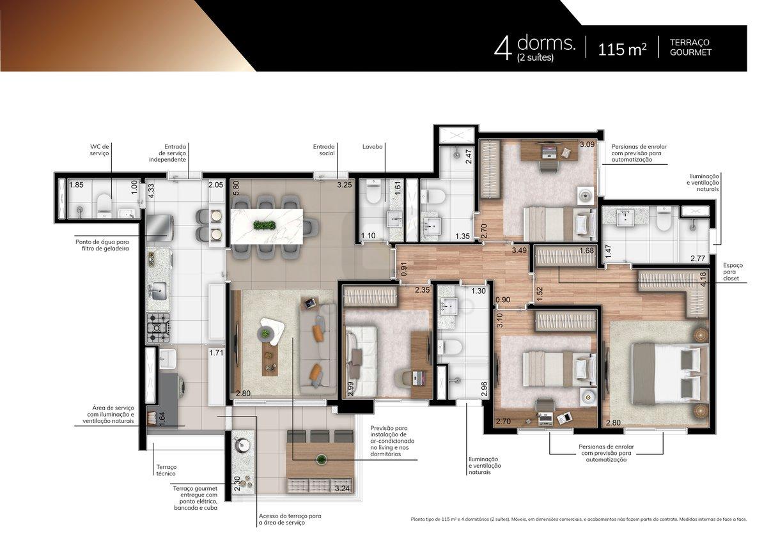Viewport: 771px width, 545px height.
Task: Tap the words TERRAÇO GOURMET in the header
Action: pyautogui.click(x=690, y=47)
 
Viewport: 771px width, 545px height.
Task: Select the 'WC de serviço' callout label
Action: pyautogui.click(x=100, y=150)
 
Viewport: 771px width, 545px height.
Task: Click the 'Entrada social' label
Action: pyautogui.click(x=324, y=150)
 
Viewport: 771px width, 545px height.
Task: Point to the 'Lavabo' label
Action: pyautogui.click(x=373, y=146)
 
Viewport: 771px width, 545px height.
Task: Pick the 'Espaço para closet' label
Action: pyautogui.click(x=733, y=272)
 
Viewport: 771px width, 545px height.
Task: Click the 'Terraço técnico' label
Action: pyautogui.click(x=166, y=470)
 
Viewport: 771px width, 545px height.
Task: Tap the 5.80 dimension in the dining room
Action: pyautogui.click(x=235, y=188)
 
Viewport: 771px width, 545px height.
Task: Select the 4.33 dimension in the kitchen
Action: pyautogui.click(x=151, y=190)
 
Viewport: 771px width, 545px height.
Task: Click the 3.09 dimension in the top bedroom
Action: pyautogui.click(x=587, y=144)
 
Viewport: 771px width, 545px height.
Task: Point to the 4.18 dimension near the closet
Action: pyautogui.click(x=703, y=279)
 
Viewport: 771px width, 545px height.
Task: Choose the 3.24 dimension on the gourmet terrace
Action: pyautogui.click(x=342, y=488)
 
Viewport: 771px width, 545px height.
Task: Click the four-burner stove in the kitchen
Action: pyautogui.click(x=159, y=328)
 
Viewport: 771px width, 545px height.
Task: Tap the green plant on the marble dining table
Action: pyautogui.click(x=264, y=226)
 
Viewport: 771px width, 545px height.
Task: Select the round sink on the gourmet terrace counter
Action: pyautogui.click(x=242, y=446)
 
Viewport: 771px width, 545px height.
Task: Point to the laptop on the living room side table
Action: pyautogui.click(x=309, y=303)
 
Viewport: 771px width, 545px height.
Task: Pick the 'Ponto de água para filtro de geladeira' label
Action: pyautogui.click(x=102, y=245)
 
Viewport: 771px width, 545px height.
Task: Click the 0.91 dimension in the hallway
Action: pyautogui.click(x=404, y=269)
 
